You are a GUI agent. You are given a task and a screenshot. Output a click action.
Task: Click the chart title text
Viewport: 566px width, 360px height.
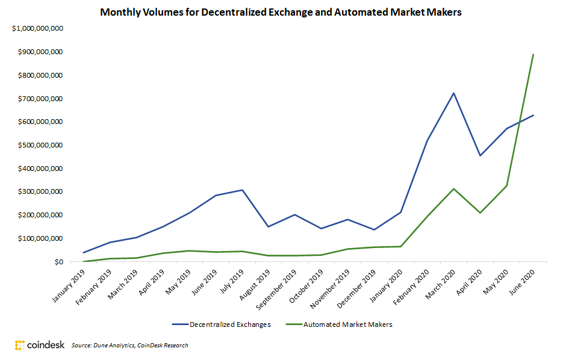click(281, 12)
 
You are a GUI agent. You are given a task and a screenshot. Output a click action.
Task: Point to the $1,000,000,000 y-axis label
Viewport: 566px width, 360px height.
click(37, 29)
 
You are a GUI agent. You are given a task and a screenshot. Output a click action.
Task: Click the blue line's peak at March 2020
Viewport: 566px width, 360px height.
click(453, 93)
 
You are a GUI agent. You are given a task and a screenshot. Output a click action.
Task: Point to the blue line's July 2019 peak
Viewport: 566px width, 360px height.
click(241, 190)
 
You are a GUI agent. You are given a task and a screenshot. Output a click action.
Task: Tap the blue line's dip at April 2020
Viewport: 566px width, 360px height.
click(480, 156)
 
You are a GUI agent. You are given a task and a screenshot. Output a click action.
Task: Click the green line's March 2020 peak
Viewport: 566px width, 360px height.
click(453, 189)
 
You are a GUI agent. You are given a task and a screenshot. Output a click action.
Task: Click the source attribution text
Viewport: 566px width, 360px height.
click(129, 346)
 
